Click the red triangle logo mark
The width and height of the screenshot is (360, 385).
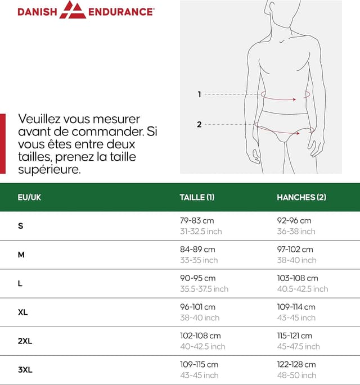point(73,10)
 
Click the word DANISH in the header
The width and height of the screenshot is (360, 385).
point(37,11)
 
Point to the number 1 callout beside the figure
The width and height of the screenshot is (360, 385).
point(199,94)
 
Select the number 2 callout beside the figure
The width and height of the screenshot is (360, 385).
point(199,124)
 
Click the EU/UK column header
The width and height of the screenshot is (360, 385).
point(29,197)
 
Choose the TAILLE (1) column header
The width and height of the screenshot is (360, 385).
point(197,197)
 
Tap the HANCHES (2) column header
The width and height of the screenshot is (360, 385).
point(301,197)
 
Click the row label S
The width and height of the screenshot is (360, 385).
point(21,226)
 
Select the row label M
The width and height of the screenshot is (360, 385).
point(21,255)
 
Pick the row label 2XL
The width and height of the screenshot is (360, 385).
point(25,341)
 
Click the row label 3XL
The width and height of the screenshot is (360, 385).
point(25,370)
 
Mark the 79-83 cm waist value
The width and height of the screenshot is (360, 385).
point(197,221)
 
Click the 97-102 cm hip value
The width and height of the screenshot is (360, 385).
point(295,250)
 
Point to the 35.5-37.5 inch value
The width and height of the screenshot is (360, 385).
point(204,289)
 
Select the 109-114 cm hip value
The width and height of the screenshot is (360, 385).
point(296,307)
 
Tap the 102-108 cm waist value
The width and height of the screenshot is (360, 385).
point(200,336)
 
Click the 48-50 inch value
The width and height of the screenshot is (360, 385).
point(296,375)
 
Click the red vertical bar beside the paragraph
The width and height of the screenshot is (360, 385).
point(2,144)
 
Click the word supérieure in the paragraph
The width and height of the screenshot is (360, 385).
point(49,169)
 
